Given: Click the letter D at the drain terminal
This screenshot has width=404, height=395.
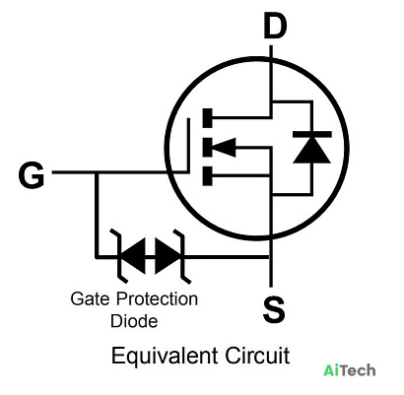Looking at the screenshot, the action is tap(275, 27).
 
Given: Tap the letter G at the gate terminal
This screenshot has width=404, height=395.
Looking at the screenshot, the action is tap(32, 175).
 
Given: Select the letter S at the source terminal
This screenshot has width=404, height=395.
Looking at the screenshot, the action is tap(274, 309).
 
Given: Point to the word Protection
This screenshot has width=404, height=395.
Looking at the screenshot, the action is tap(157, 298).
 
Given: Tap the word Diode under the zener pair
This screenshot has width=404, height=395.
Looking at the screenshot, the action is tap(134, 321).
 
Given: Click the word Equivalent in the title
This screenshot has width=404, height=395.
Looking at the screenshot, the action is tap(165, 356).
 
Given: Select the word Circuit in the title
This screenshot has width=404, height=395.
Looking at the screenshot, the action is tap(257, 356).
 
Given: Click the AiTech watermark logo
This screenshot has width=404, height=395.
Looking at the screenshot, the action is tap(350, 370).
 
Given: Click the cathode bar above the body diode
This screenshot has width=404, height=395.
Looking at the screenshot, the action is tap(311, 134).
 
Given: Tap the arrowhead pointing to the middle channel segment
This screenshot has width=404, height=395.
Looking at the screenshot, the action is tap(224, 148).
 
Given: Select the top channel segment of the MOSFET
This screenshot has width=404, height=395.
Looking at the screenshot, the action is tap(208, 117).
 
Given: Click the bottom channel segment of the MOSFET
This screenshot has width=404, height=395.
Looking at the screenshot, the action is tap(208, 176).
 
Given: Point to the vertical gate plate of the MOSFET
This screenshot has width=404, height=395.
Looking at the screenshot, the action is tap(188, 145).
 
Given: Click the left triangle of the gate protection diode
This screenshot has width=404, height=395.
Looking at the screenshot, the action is tap(133, 256).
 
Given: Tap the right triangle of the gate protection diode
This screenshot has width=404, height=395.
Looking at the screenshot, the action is tap(168, 256).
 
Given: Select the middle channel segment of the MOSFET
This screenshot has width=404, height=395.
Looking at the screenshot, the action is tap(208, 147).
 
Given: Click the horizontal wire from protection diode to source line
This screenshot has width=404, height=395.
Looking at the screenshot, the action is tap(226, 257).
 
